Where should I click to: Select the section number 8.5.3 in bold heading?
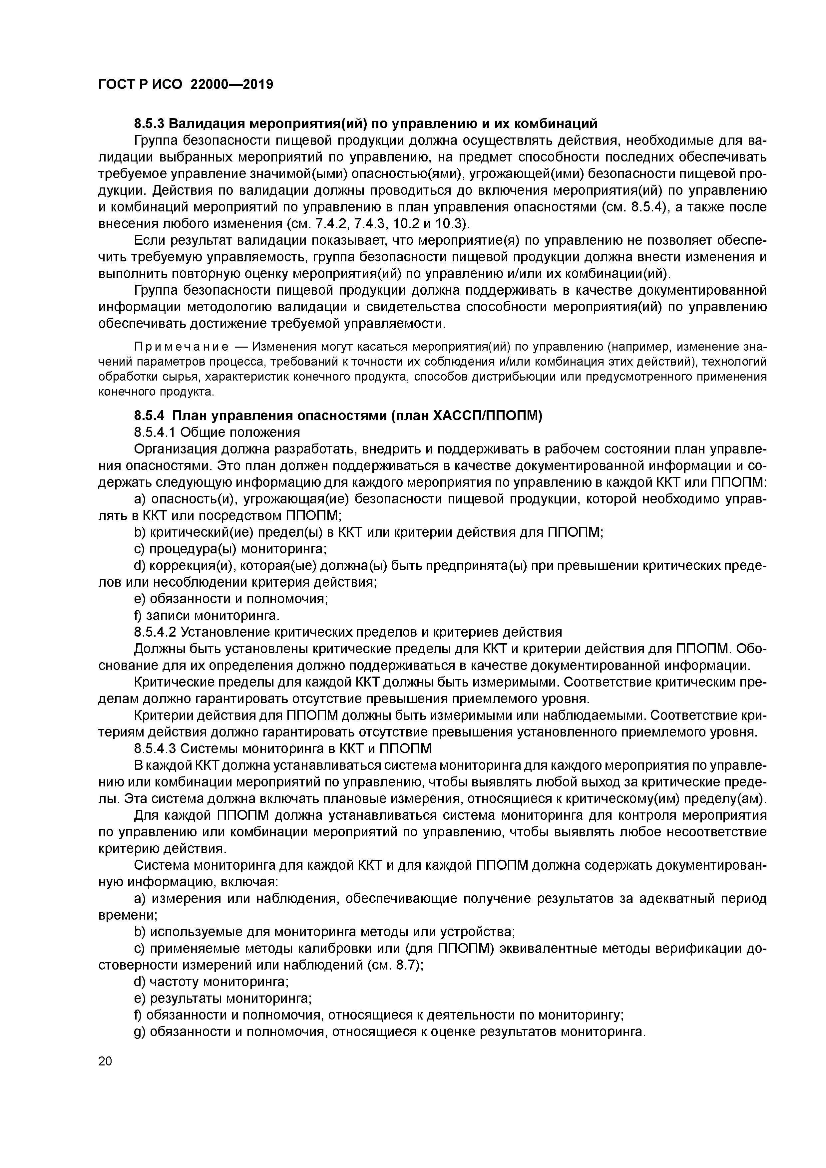[149, 124]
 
